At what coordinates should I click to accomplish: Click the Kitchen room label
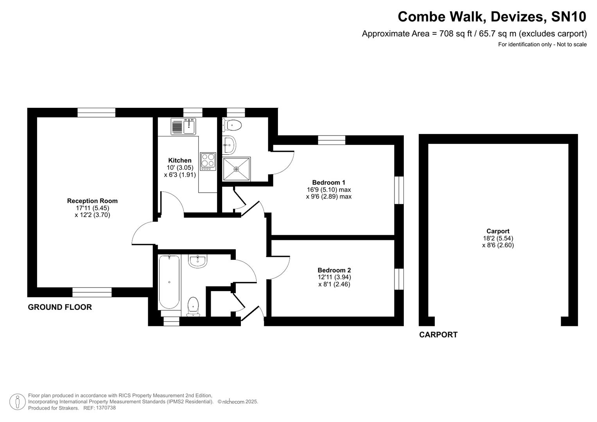pyautogui.click(x=179, y=160)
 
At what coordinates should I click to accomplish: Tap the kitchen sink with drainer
pyautogui.click(x=183, y=126)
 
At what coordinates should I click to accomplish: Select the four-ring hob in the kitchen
pyautogui.click(x=208, y=161)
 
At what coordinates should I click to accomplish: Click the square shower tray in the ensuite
pyautogui.click(x=236, y=169)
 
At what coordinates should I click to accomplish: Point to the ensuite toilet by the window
pyautogui.click(x=233, y=125)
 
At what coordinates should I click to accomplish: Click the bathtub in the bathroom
pyautogui.click(x=169, y=282)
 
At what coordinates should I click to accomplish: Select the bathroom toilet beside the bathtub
pyautogui.click(x=193, y=306)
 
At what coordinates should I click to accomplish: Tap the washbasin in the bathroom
pyautogui.click(x=197, y=261)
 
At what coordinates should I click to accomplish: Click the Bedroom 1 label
pyautogui.click(x=328, y=182)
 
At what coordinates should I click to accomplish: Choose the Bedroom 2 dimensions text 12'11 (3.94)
pyautogui.click(x=334, y=277)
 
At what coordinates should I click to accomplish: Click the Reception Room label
pyautogui.click(x=92, y=201)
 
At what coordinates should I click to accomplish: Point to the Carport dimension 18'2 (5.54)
pyautogui.click(x=498, y=238)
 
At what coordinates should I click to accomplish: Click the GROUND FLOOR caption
pyautogui.click(x=60, y=307)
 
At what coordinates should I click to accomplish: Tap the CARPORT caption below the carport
pyautogui.click(x=438, y=334)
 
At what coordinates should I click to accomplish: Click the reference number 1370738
pyautogui.click(x=105, y=408)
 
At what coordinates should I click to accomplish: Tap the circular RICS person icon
pyautogui.click(x=17, y=402)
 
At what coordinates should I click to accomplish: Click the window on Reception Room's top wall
pyautogui.click(x=96, y=113)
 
